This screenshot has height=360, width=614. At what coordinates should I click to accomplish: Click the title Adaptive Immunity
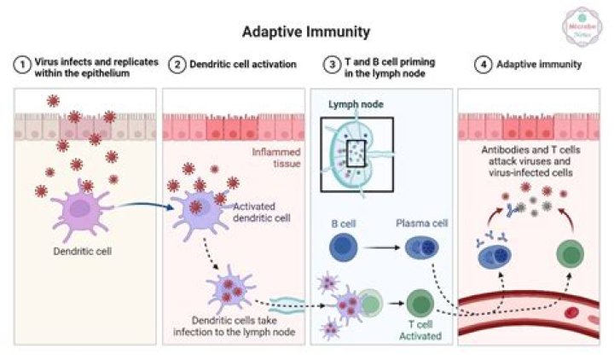click(306, 32)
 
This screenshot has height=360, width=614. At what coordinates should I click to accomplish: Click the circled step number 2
click(177, 66)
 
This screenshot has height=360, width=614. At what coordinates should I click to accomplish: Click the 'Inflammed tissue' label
click(275, 160)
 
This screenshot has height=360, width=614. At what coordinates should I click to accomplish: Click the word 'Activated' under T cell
click(420, 336)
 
